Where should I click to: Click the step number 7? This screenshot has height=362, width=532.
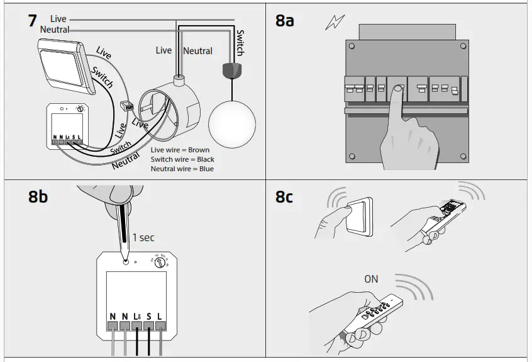[x=33, y=20]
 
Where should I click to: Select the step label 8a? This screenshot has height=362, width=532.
[x=285, y=20]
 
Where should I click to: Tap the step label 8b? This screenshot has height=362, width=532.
[x=38, y=196]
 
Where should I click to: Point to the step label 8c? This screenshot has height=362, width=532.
[x=285, y=196]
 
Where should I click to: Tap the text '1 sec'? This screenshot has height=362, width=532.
[x=143, y=238]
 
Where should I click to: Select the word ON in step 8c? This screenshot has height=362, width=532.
[x=371, y=278]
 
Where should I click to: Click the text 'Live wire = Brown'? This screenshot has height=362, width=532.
[x=180, y=150]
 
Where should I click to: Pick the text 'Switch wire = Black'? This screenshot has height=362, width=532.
[x=182, y=160]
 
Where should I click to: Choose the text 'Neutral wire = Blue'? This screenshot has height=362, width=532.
[x=182, y=169]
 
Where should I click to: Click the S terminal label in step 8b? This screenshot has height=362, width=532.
[x=149, y=316]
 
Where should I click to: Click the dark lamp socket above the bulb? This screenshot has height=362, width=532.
[x=232, y=69]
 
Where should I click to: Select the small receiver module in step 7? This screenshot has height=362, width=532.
[x=67, y=126]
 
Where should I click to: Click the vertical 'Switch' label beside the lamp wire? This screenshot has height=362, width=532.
[x=240, y=43]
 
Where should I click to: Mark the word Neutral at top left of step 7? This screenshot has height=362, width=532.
[x=55, y=30]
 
